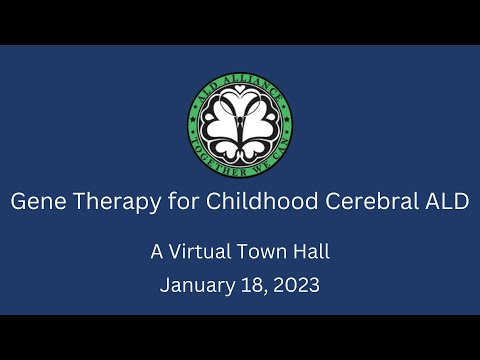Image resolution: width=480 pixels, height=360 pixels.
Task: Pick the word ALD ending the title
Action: [x=445, y=200]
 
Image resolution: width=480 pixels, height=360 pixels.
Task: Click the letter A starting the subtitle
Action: [x=157, y=252]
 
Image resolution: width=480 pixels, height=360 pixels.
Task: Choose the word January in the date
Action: [x=194, y=285]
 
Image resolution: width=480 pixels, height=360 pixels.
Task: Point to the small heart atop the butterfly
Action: [x=240, y=100]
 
